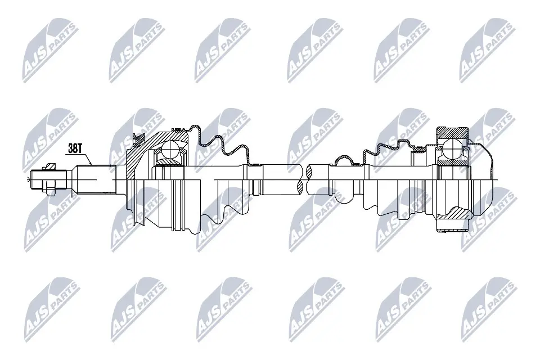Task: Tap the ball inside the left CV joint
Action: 170,150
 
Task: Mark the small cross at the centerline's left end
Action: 28,179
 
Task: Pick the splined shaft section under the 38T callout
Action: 96,179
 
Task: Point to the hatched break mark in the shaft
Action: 305,179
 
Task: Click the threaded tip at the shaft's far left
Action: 37,179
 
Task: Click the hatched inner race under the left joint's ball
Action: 169,162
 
